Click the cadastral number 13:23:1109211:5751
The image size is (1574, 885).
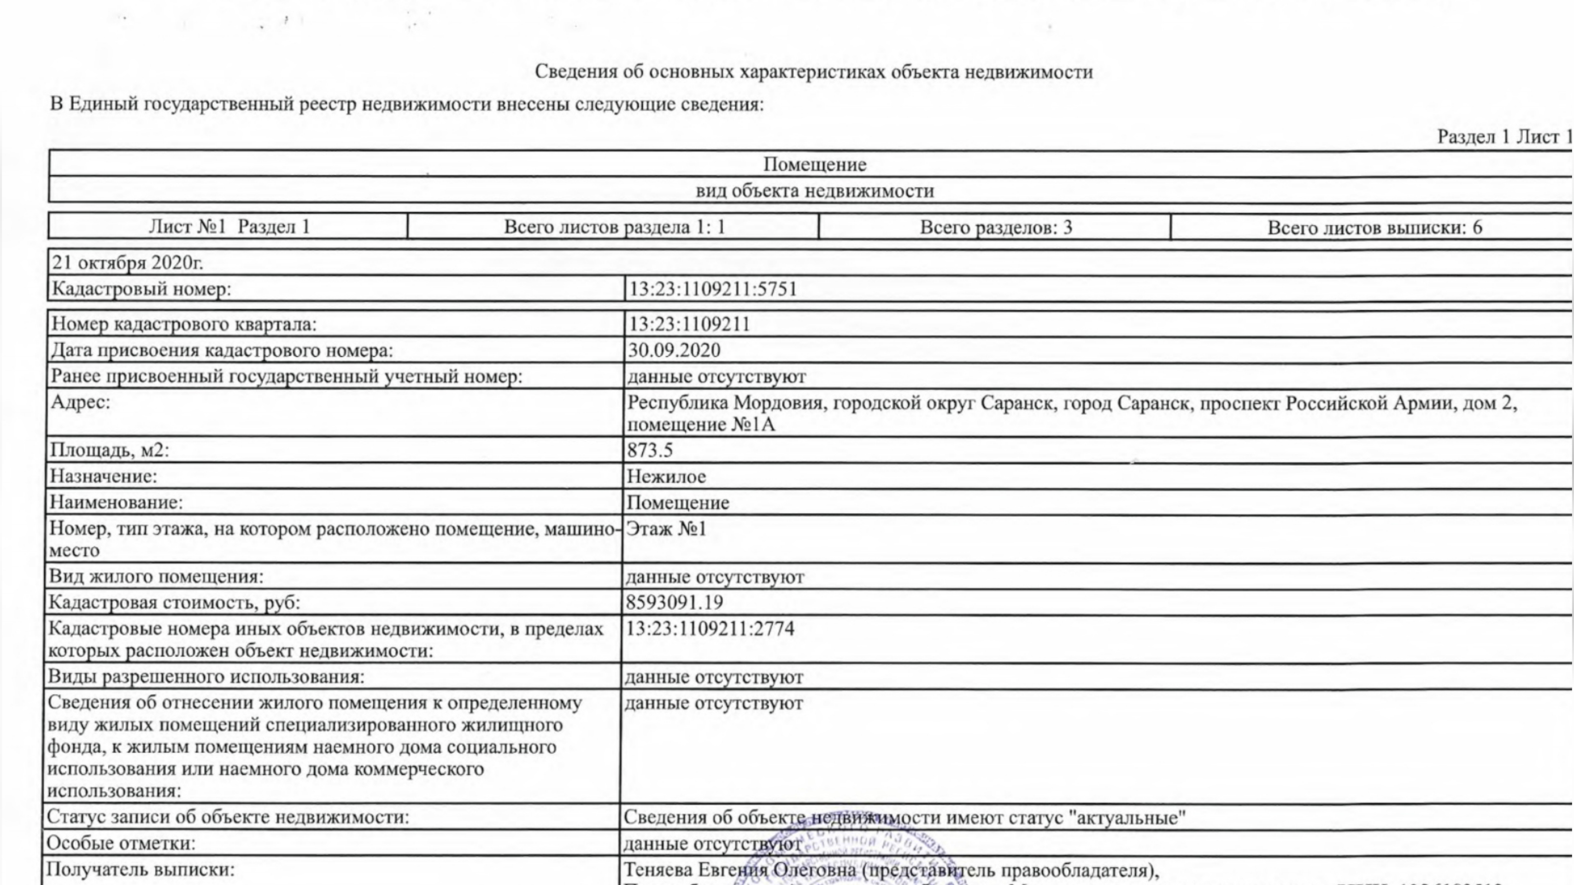713,289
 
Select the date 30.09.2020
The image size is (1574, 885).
674,350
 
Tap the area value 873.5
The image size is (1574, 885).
650,450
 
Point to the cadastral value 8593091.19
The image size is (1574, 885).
674,602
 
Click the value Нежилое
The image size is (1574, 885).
666,476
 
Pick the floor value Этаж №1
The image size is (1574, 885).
666,529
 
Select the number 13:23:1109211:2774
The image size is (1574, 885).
710,628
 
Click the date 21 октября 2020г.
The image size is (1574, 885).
128,263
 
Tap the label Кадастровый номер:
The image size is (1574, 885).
141,289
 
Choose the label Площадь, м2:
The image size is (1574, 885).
109,450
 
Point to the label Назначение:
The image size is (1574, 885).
103,476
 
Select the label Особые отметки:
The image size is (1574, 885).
121,844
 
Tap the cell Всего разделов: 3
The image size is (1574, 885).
996,227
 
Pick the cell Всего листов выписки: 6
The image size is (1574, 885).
1374,227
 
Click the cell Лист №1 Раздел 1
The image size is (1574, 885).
229,227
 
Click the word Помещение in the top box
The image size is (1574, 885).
815,165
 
